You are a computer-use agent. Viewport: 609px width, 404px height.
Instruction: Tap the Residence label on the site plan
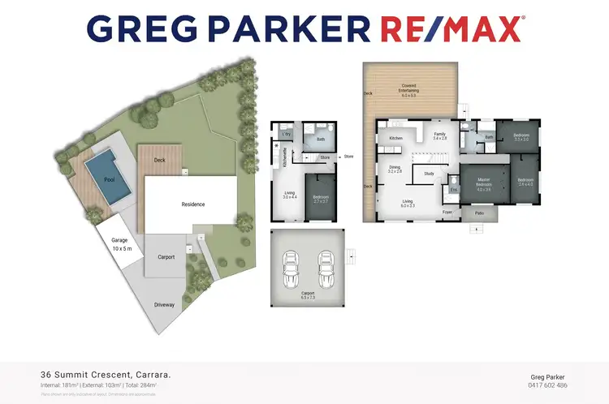pyautogui.click(x=192, y=204)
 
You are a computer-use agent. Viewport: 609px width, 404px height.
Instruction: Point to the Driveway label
pyautogui.click(x=165, y=305)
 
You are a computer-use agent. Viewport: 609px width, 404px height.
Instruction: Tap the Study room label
pyautogui.click(x=430, y=173)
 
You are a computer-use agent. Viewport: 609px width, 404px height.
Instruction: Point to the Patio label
pyautogui.click(x=480, y=213)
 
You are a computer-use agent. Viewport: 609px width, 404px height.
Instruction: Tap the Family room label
pyautogui.click(x=439, y=136)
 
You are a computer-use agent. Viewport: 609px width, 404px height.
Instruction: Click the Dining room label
pyautogui.click(x=395, y=169)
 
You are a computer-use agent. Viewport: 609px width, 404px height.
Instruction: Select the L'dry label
pyautogui.click(x=287, y=134)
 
